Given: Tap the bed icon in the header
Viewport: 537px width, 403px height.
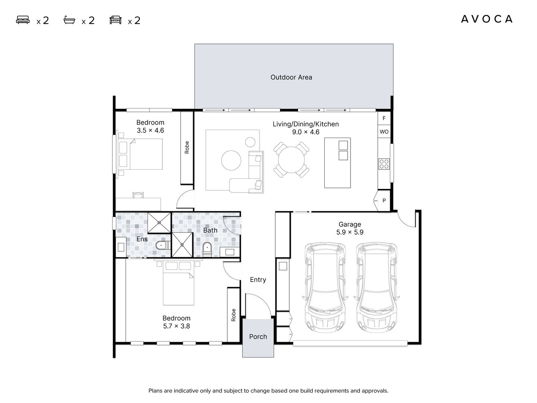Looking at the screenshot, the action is click(x=23, y=20).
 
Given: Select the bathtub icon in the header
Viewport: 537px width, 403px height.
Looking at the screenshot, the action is click(x=69, y=20).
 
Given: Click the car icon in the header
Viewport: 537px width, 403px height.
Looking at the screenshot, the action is click(x=116, y=20).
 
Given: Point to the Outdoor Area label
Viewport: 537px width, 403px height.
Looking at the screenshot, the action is click(x=291, y=77).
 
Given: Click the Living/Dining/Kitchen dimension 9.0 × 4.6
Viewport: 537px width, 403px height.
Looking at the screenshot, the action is click(x=305, y=132).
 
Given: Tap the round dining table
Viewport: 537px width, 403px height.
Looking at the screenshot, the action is click(x=291, y=160).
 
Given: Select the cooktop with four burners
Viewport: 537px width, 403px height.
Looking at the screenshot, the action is click(x=384, y=164).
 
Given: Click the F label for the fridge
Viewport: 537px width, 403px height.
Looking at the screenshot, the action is click(x=384, y=118).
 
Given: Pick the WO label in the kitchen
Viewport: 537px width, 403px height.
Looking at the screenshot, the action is click(x=384, y=132).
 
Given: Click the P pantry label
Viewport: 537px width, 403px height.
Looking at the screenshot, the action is click(x=384, y=201).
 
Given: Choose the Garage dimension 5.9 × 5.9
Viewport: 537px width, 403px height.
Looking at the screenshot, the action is click(x=349, y=232).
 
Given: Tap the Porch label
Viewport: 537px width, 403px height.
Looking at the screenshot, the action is click(x=258, y=337).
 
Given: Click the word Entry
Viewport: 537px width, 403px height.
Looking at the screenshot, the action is click(x=258, y=280).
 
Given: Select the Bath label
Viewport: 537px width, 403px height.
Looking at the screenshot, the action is click(x=210, y=230).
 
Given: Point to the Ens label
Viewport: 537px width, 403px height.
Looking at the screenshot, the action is click(x=142, y=239).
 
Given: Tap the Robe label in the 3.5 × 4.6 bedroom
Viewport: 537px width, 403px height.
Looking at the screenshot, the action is click(x=187, y=147).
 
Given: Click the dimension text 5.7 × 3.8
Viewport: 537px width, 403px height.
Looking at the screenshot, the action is click(x=176, y=326).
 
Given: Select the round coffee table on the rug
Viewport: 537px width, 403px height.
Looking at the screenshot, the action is click(x=231, y=160).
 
